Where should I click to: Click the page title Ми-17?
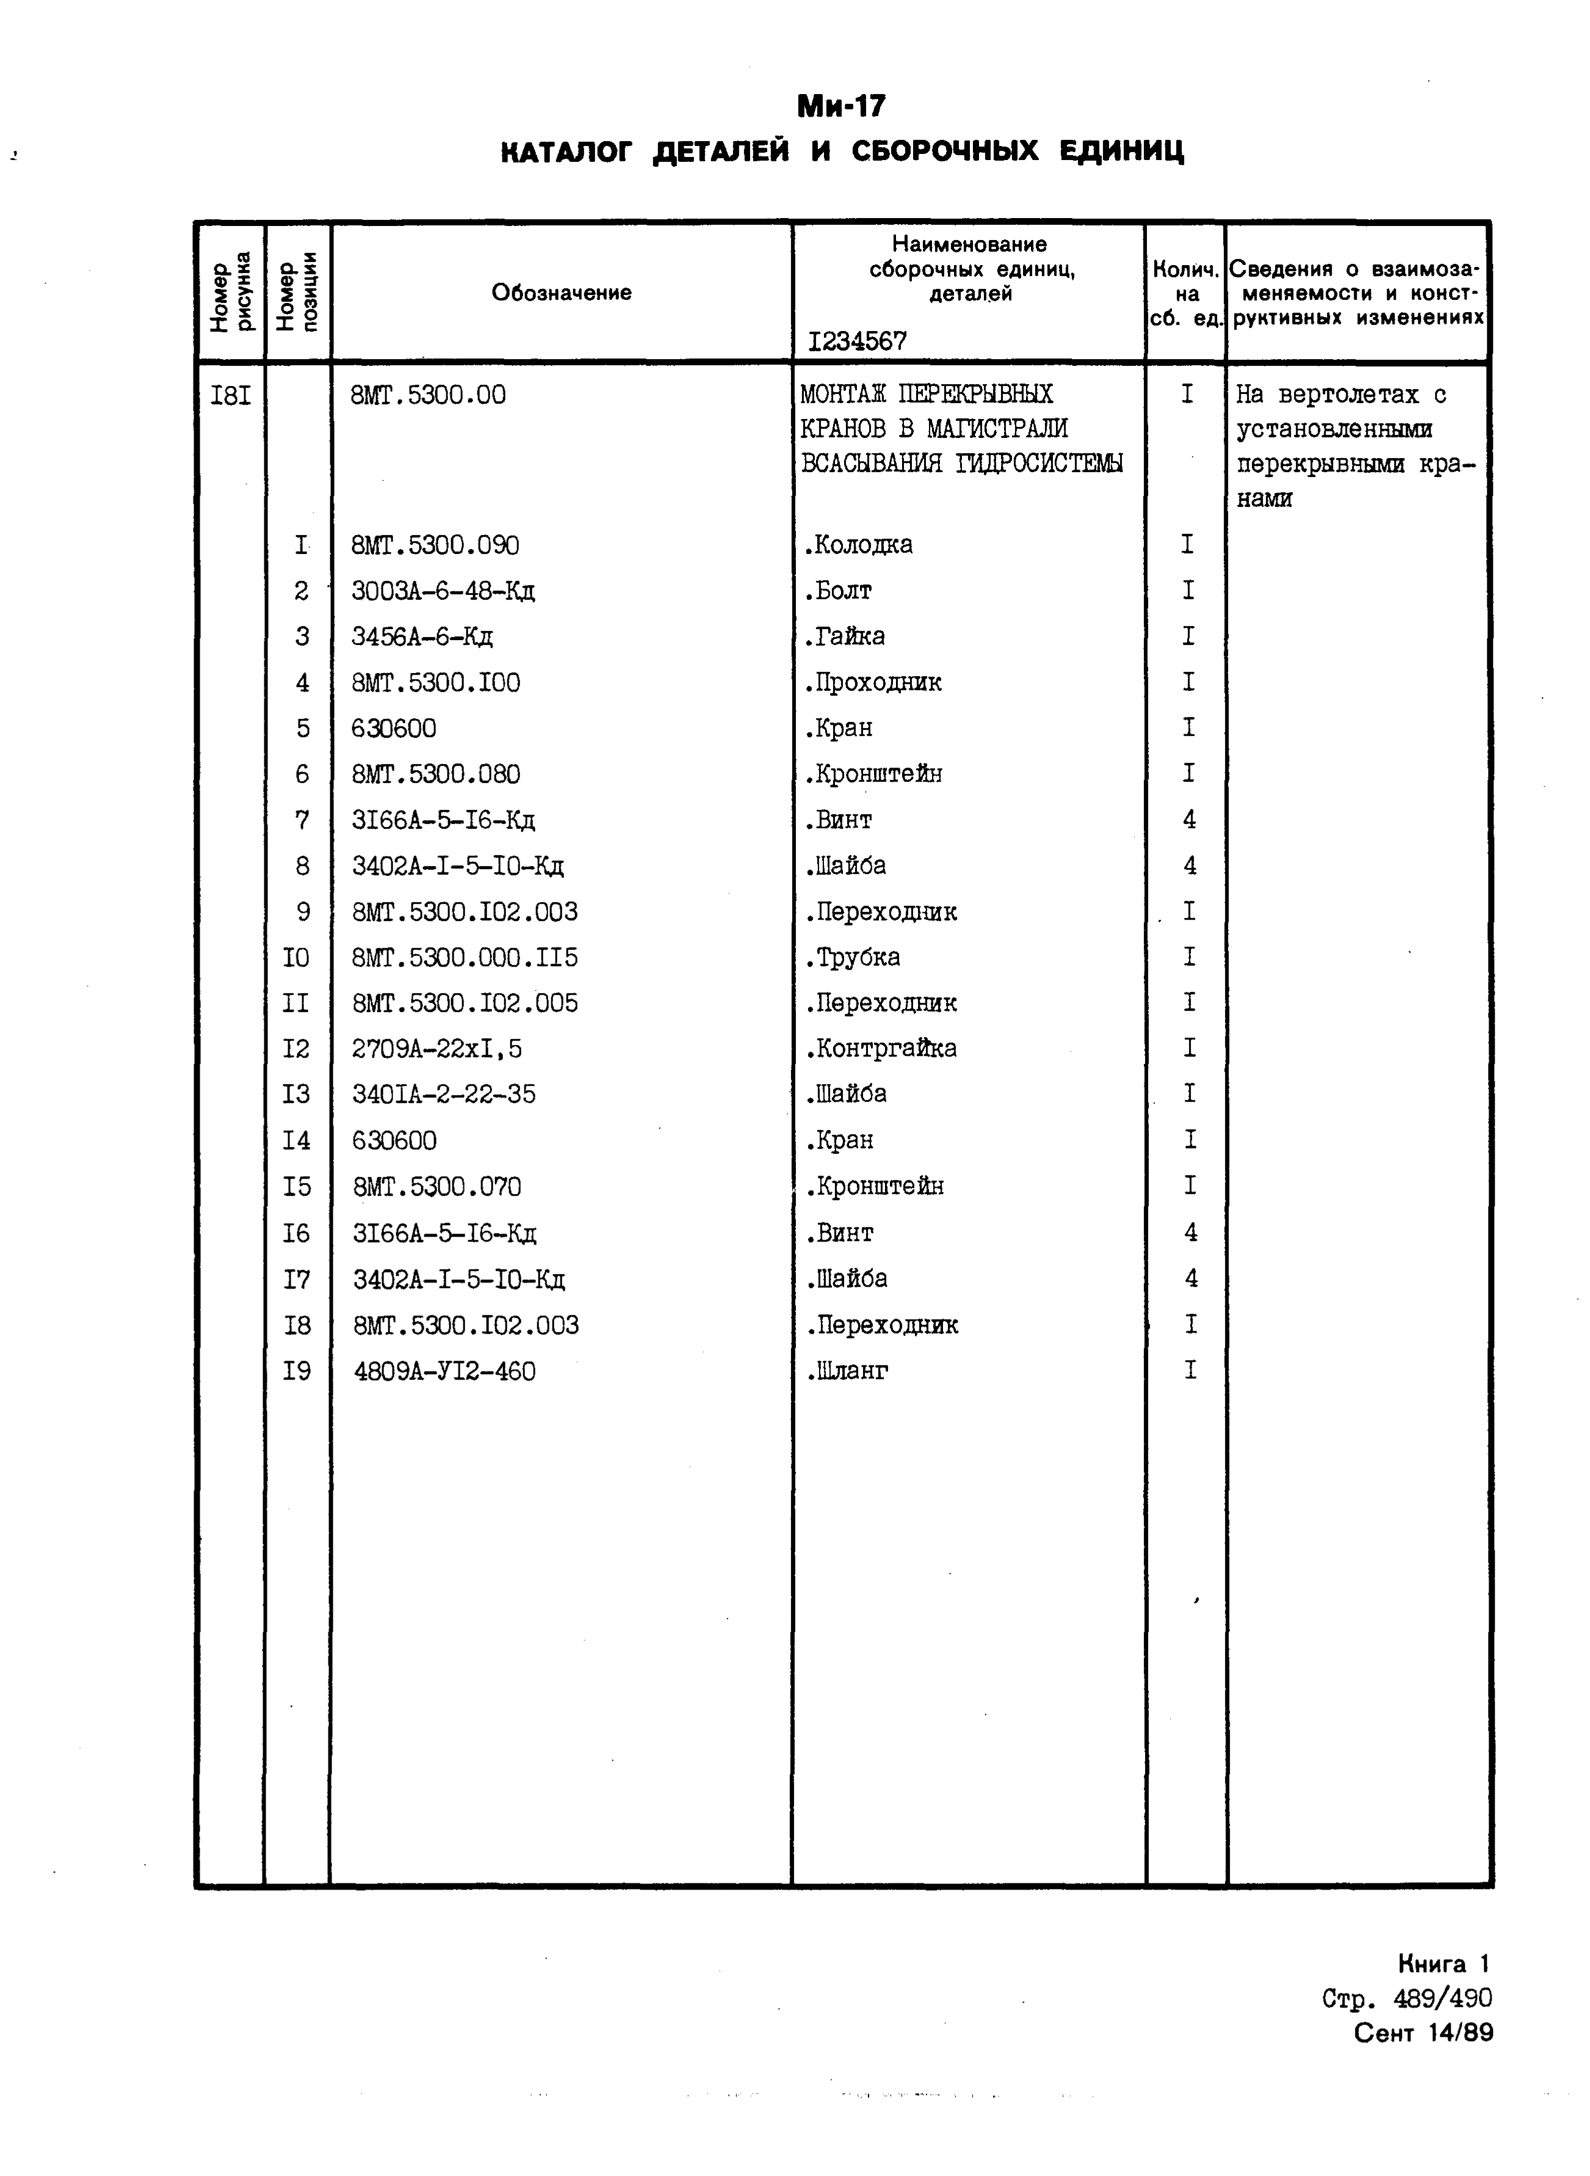coord(840,106)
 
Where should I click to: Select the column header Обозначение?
coord(561,293)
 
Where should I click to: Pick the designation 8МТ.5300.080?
coord(436,775)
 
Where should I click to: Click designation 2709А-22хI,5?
coord(437,1049)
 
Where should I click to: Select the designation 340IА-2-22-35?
coord(444,1095)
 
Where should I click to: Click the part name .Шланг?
coord(847,1371)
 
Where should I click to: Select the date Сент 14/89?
coord(1423,2032)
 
